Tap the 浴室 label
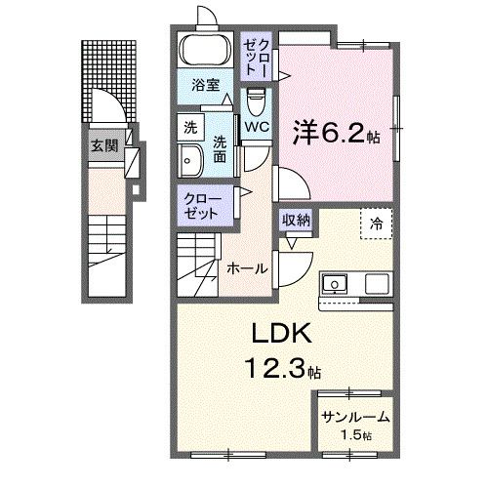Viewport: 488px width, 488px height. (x=203, y=85)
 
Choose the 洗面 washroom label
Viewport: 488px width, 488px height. (x=221, y=145)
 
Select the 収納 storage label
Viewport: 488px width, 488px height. (x=297, y=220)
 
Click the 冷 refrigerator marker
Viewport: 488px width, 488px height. (x=376, y=223)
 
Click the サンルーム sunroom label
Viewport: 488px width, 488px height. (x=356, y=417)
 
